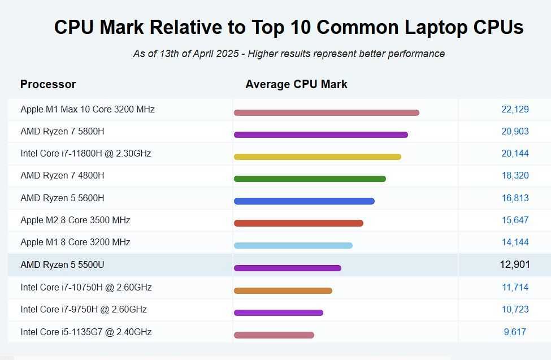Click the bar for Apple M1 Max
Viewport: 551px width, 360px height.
(326, 112)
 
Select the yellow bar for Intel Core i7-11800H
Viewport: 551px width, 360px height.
(317, 157)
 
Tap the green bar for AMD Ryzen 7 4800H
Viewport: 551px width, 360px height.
(310, 179)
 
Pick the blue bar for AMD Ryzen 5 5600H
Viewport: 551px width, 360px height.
(304, 201)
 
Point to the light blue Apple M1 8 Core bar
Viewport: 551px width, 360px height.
(293, 245)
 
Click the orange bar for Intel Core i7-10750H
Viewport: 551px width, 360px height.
(283, 290)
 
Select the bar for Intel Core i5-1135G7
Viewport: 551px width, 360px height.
(274, 335)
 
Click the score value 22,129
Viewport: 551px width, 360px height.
(515, 109)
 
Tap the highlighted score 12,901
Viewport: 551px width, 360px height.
(515, 264)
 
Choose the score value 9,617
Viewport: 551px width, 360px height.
(515, 332)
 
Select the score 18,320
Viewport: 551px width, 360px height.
(515, 175)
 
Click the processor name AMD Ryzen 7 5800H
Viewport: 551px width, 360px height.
(62, 131)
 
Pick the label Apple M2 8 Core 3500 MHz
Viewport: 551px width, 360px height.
(75, 220)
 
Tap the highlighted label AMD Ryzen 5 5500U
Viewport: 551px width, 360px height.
(62, 264)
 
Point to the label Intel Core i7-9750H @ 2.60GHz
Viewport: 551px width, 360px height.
(84, 309)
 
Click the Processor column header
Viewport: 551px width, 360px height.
(48, 84)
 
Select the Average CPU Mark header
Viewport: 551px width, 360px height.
(296, 84)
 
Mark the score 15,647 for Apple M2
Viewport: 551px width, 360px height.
(515, 220)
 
